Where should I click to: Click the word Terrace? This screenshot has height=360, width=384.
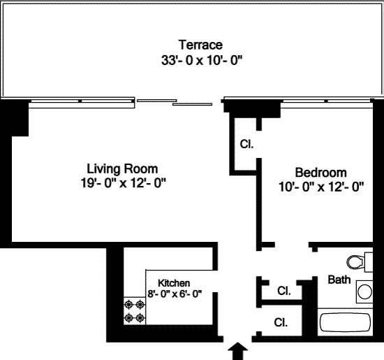[x=200, y=45]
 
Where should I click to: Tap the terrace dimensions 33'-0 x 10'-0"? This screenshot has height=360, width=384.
[x=202, y=60]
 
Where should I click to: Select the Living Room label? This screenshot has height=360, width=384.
[x=122, y=169]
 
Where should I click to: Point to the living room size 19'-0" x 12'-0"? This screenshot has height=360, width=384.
[x=124, y=182]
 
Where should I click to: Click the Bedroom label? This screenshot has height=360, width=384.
[x=321, y=173]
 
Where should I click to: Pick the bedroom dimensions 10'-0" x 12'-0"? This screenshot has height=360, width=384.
[x=321, y=187]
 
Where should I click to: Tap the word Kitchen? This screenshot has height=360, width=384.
[x=174, y=283]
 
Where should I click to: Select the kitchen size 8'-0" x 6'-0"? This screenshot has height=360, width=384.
[x=175, y=294]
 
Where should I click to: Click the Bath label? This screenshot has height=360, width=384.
[x=339, y=280]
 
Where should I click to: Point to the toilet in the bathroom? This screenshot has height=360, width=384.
[x=360, y=262]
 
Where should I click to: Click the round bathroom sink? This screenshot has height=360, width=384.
[x=364, y=291]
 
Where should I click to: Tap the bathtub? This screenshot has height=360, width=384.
[x=346, y=322]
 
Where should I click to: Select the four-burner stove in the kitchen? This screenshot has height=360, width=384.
[x=135, y=311]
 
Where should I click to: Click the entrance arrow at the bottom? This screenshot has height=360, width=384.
[x=238, y=351]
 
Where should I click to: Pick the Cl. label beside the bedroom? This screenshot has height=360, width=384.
[x=246, y=144]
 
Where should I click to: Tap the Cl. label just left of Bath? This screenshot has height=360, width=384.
[x=284, y=291]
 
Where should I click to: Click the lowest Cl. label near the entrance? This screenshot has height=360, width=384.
[x=281, y=322]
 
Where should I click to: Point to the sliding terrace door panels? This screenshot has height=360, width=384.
[x=175, y=102]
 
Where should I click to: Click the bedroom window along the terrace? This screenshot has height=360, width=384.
[x=327, y=101]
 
